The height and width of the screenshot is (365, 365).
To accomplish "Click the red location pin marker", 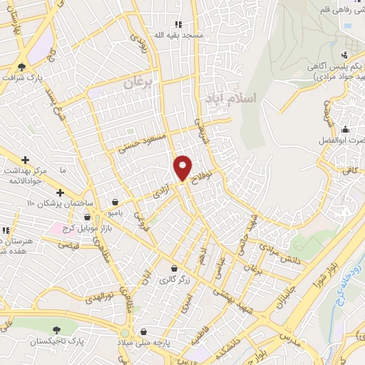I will click(183, 168).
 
